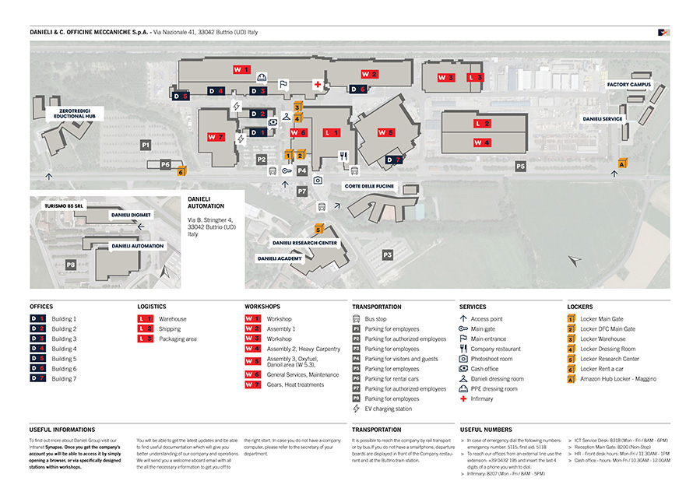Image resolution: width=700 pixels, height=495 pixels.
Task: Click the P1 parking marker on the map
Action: (145, 145)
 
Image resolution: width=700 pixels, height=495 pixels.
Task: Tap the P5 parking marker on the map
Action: (520, 166)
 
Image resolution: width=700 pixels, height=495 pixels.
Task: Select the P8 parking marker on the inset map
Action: (71, 265)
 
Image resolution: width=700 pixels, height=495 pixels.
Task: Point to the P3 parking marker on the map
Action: (387, 255)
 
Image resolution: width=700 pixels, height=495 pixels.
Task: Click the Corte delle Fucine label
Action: (369, 187)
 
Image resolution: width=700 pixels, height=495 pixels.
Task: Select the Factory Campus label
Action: (629, 84)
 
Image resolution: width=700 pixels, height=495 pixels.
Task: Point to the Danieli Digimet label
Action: (131, 214)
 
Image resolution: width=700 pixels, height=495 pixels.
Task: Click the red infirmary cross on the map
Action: (318, 83)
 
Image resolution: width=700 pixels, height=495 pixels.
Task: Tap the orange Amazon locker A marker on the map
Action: (622, 163)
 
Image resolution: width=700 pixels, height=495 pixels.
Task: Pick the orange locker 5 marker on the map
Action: (318, 230)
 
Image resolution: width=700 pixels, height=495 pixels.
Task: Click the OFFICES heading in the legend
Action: (41, 307)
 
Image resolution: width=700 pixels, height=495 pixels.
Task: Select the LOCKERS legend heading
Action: (580, 307)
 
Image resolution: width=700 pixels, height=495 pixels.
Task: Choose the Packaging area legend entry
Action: (178, 339)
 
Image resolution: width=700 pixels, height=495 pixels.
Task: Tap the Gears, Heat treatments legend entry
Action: (294, 384)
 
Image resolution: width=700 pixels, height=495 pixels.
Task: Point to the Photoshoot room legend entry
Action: (491, 359)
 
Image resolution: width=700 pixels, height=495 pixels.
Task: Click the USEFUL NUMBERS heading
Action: (486, 430)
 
